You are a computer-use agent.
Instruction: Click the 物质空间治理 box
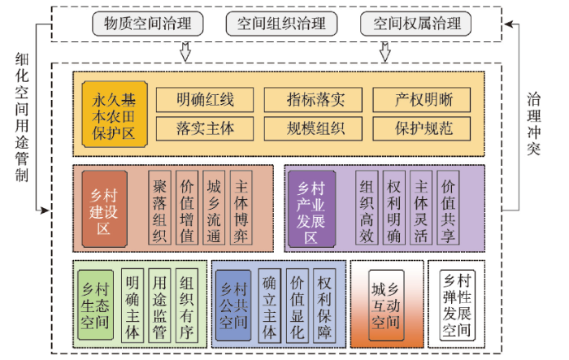click(x=148, y=24)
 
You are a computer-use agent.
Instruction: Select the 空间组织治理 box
click(x=281, y=24)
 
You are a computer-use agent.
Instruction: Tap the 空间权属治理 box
click(x=416, y=24)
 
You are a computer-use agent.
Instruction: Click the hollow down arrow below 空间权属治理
click(x=385, y=52)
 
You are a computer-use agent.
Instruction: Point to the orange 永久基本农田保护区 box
click(x=115, y=115)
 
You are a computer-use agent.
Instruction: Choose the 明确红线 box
click(x=205, y=99)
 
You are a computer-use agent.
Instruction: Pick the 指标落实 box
click(x=313, y=99)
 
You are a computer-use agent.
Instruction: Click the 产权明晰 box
click(x=422, y=99)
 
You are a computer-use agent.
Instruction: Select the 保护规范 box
click(x=422, y=128)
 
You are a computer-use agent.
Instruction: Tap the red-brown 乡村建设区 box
click(x=105, y=209)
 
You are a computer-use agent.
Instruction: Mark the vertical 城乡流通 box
click(x=214, y=207)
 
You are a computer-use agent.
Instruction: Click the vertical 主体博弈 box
click(x=241, y=207)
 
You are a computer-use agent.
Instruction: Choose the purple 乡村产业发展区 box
click(x=311, y=209)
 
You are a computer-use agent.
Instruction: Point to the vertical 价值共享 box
click(x=448, y=207)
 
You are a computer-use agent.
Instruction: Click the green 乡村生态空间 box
click(x=95, y=305)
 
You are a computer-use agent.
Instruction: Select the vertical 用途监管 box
click(x=159, y=306)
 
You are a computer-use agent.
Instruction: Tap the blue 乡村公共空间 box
click(x=233, y=306)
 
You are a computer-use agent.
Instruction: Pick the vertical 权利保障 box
click(x=324, y=306)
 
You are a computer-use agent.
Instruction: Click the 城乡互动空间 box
click(x=386, y=306)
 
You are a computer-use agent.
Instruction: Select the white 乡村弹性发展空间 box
click(x=457, y=306)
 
